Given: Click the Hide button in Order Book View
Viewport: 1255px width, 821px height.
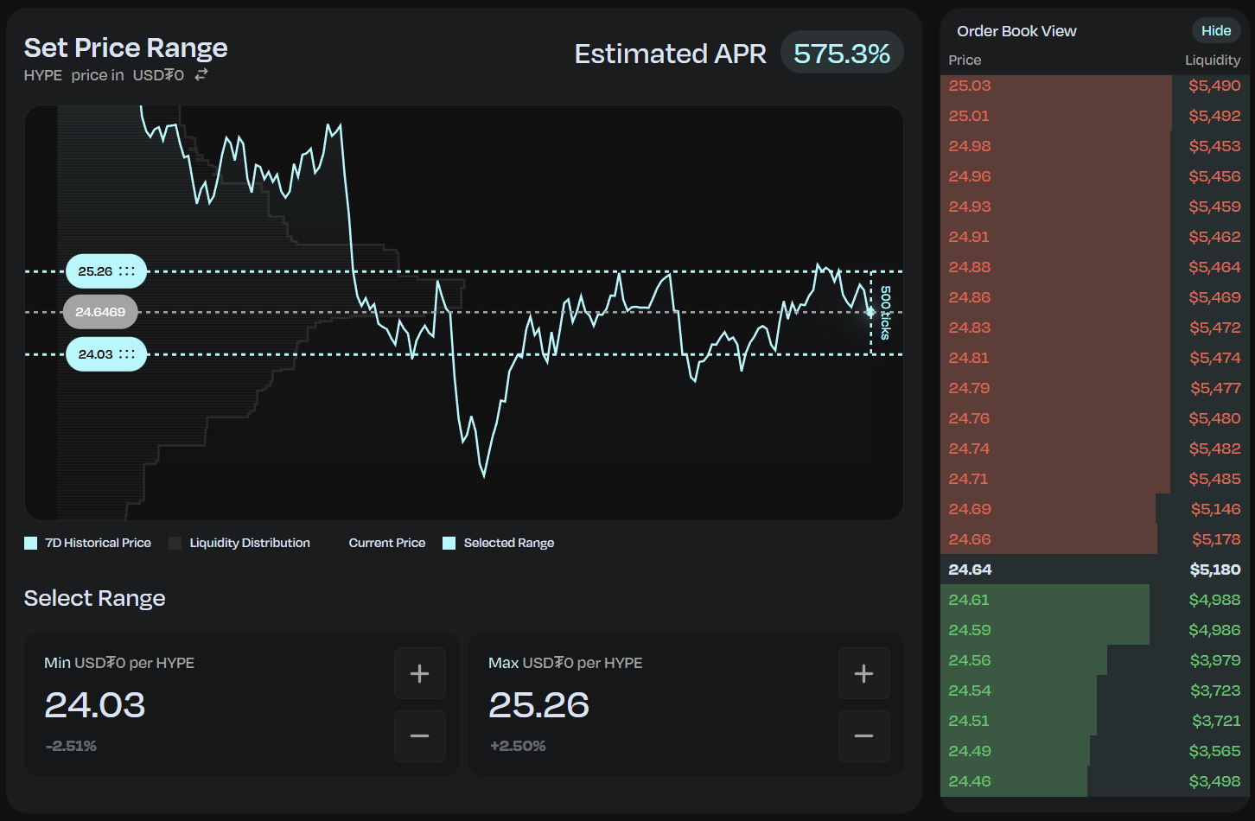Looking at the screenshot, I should click(1215, 31).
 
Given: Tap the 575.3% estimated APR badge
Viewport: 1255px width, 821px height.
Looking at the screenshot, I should click(841, 54).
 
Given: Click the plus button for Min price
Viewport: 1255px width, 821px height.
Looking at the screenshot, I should click(419, 673).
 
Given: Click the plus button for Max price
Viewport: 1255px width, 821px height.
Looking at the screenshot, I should click(863, 673).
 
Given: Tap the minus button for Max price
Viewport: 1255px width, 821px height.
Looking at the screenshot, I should click(863, 736).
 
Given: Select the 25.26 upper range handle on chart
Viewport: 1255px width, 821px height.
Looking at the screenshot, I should click(106, 271).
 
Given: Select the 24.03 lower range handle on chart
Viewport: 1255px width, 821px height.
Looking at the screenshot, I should click(106, 354).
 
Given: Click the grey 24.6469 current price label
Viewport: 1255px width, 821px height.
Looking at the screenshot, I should click(100, 312).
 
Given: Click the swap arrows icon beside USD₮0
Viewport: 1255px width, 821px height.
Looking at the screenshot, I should click(201, 75).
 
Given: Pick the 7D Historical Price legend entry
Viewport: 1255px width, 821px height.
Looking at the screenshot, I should click(88, 543).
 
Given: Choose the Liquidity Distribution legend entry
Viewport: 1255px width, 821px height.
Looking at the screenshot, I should click(239, 543).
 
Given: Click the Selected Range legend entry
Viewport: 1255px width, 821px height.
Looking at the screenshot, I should click(499, 543).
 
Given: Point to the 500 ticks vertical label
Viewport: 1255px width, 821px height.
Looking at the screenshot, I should click(885, 313).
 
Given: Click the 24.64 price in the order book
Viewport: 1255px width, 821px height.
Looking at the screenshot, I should click(970, 570).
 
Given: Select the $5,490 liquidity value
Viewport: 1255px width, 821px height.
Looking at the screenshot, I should click(1214, 86).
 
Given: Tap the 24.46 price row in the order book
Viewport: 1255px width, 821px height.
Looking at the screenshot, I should click(970, 781).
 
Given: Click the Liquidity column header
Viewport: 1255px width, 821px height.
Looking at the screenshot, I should click(1212, 60).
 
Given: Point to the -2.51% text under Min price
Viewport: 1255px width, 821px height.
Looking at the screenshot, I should click(71, 746).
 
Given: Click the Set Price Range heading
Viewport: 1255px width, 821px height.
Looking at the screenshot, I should click(126, 48).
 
